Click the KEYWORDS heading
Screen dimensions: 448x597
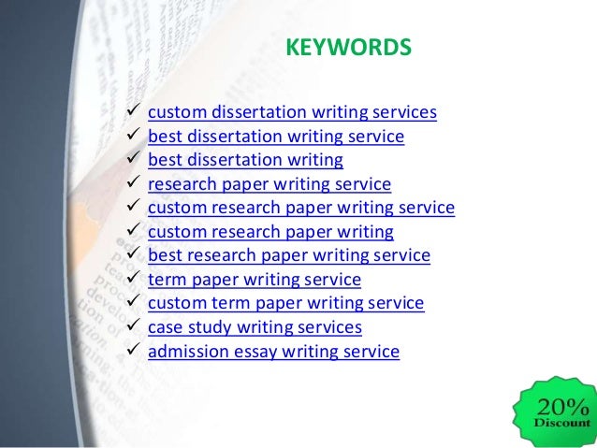coord(347,46)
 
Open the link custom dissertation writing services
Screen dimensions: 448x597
coord(292,113)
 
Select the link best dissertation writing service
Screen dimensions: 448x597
coord(276,137)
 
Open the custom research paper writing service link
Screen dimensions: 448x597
coord(301,208)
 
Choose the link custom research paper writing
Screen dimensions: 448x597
coord(270,232)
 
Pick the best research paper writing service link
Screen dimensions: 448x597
coord(289,255)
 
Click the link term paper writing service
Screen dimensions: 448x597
coord(255,280)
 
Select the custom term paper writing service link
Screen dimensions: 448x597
coord(286,304)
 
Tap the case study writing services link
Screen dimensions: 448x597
coord(255,327)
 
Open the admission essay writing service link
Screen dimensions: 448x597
coord(273,352)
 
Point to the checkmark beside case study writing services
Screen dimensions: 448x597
coord(132,327)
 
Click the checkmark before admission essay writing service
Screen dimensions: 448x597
coord(132,352)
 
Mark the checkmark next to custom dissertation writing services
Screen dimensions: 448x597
coord(132,113)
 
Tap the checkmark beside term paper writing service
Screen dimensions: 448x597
coord(132,280)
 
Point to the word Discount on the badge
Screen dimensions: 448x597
coord(561,423)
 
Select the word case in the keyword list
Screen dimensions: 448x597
coord(165,327)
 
